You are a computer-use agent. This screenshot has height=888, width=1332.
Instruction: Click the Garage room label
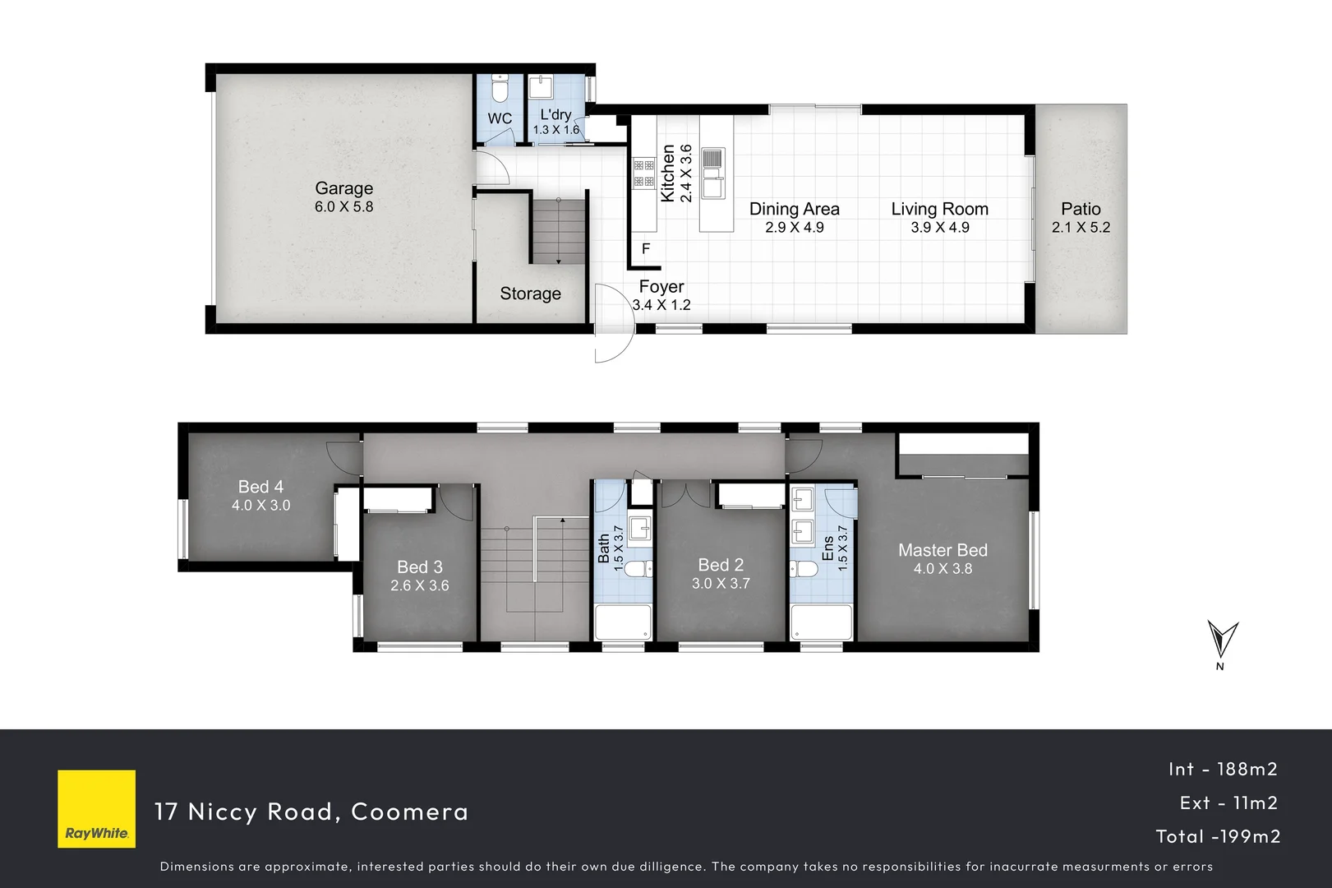point(343,188)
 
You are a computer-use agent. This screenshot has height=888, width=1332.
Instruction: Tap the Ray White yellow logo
point(96,808)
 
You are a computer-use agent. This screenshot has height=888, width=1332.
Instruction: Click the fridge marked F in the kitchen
point(646,248)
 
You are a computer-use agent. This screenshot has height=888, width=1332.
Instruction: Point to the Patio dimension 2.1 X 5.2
point(1081,228)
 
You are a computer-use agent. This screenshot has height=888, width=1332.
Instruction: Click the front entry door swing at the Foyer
point(612,324)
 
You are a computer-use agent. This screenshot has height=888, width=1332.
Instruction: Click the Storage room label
point(530,294)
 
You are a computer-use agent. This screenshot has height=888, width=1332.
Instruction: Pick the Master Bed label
point(943,550)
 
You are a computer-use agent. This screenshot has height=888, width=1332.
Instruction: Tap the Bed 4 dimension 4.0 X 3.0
point(260,506)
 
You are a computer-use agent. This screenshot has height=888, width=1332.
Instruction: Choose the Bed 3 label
point(419,567)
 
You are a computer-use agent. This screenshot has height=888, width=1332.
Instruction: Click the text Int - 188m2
point(1223,769)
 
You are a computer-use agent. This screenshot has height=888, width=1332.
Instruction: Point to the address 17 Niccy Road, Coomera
point(311,812)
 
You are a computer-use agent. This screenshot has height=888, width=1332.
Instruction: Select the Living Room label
point(939,209)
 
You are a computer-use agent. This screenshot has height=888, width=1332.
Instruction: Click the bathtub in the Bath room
point(623,622)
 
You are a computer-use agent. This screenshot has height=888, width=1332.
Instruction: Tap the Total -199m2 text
point(1218,836)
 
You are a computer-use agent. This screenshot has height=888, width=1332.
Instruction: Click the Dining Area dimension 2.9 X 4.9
point(794,228)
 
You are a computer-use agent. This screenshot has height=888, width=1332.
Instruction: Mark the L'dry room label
point(555,115)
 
